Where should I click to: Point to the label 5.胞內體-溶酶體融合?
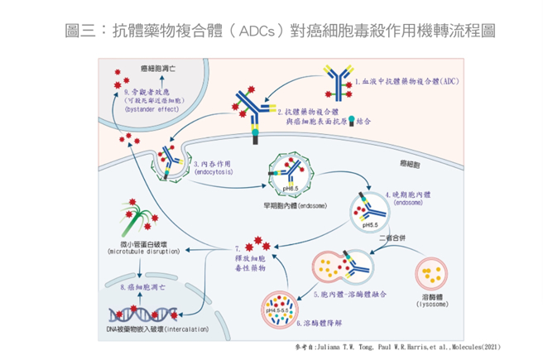click(x=351, y=294)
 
